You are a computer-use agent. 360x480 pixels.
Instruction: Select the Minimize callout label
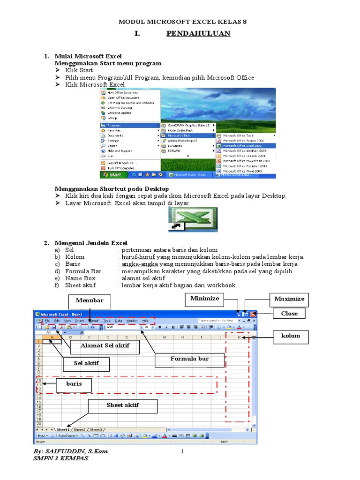[x=204, y=299]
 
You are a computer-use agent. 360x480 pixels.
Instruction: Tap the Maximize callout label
[x=289, y=299]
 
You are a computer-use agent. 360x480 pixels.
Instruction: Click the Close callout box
[x=289, y=314]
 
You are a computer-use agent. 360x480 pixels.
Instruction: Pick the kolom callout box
[x=290, y=336]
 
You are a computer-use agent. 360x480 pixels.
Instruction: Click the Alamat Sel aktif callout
[x=105, y=346]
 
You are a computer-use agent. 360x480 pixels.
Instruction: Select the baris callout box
[x=74, y=385]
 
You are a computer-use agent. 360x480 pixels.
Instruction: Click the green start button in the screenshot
[x=112, y=175]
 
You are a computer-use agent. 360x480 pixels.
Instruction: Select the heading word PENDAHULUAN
[x=198, y=33]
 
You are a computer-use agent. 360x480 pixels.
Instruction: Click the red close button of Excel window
[x=253, y=314]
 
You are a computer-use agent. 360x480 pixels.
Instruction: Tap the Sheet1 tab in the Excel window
[x=63, y=429]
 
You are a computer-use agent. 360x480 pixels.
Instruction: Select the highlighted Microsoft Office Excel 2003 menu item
[x=245, y=146]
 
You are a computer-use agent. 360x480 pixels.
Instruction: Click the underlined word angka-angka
[x=136, y=264]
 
